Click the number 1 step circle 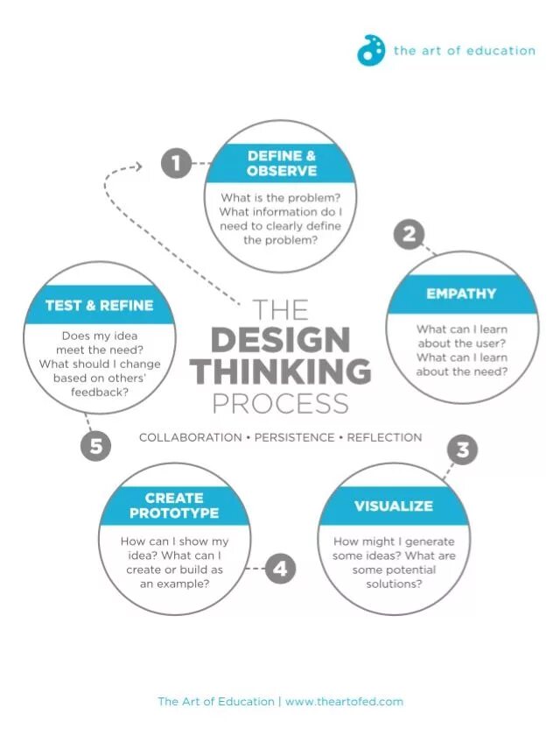point(176,163)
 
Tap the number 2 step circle point(409,235)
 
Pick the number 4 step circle point(279,570)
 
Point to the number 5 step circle point(96,447)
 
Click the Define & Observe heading point(281,164)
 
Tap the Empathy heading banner point(461,294)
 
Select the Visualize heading point(394,506)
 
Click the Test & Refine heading point(99,306)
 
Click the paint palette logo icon point(371,50)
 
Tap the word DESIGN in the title point(280,340)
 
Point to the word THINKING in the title point(280,372)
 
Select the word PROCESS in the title point(280,404)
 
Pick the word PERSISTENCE point(294,437)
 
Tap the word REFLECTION point(384,437)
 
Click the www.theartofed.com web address point(344,702)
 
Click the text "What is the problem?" point(280,198)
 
